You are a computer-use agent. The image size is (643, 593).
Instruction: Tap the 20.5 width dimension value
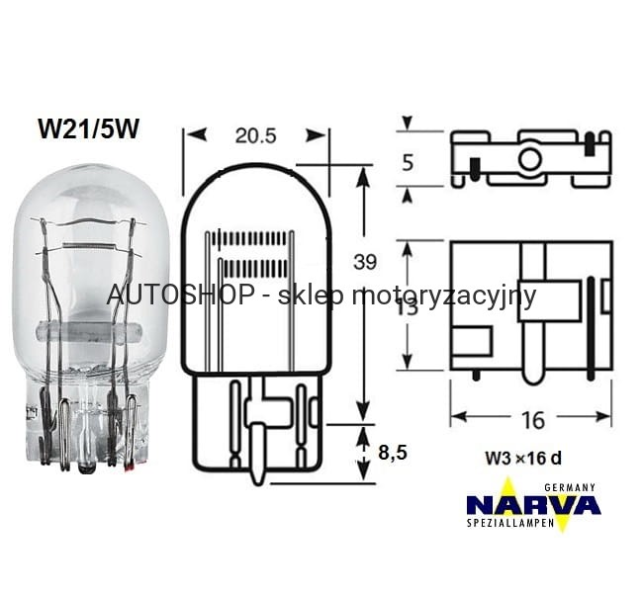255,135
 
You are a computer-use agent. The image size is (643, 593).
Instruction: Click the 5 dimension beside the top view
408,163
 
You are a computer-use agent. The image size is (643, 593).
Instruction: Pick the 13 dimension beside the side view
408,306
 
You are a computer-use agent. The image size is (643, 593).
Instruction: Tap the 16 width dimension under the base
532,420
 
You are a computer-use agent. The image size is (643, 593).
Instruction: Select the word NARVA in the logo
533,505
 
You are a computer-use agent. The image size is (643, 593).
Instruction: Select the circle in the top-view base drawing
530,158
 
